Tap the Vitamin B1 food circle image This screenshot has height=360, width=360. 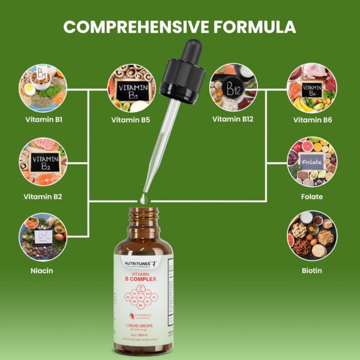[43, 89]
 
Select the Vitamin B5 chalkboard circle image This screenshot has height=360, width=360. [131, 89]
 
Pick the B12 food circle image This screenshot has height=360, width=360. [233, 89]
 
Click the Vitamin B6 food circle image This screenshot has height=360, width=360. [312, 89]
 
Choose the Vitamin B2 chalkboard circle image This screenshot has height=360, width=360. [43, 162]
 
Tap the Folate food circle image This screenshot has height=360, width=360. [312, 162]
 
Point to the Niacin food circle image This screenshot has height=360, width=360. [43, 236]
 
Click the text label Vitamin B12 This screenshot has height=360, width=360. [233, 119]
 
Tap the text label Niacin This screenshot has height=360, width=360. [43, 271]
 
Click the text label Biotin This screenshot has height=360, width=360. [312, 271]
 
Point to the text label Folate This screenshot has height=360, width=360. [312, 197]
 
